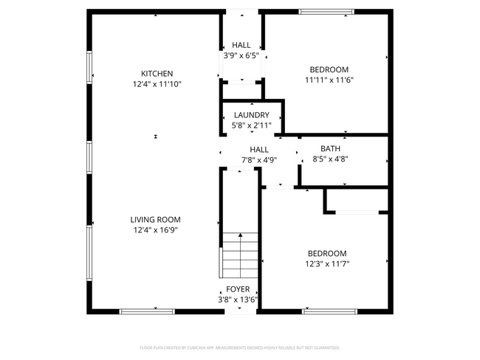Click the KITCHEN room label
[x=157, y=73]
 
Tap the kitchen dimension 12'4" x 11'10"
[x=157, y=84]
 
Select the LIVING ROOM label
[x=155, y=219]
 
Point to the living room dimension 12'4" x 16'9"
[x=155, y=230]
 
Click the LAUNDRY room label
[x=251, y=115]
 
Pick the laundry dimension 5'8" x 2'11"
[x=251, y=126]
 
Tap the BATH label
[x=330, y=148]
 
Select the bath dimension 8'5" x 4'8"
[x=330, y=159]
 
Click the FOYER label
[x=238, y=288]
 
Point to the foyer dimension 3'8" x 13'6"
[x=238, y=300]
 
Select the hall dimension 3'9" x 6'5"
[x=241, y=55]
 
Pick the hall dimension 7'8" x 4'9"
[x=258, y=160]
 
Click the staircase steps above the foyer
[x=241, y=255]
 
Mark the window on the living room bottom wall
[x=147, y=311]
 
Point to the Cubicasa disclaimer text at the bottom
[x=239, y=347]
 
